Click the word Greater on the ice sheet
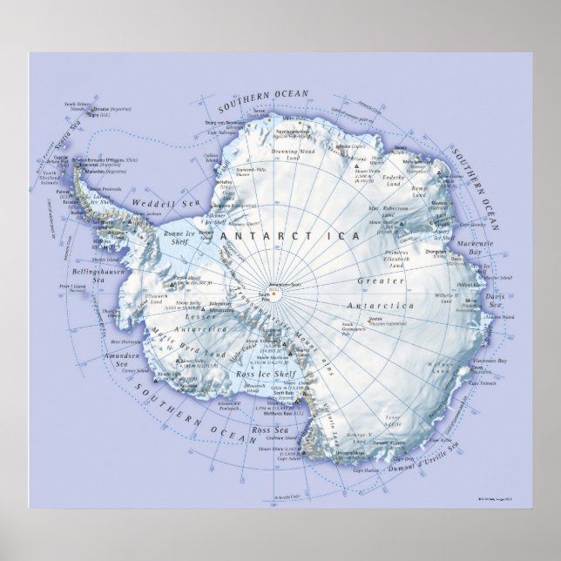(x=381, y=281)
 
